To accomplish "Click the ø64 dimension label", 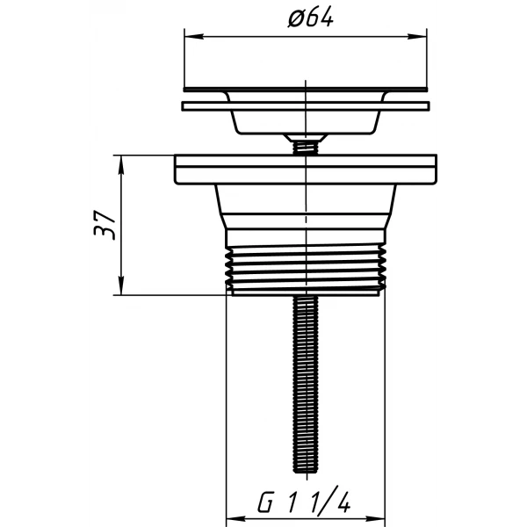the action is click(x=311, y=17).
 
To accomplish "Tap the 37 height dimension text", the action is click(x=105, y=225).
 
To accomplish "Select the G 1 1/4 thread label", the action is click(x=304, y=502).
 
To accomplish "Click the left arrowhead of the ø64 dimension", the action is click(x=194, y=36).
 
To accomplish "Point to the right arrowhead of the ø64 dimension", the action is click(x=417, y=36).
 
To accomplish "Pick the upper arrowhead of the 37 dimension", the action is click(x=121, y=165).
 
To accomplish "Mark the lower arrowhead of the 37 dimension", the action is click(x=121, y=285).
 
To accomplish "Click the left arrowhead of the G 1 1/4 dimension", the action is click(x=236, y=518).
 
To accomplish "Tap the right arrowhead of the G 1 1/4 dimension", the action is click(x=375, y=518).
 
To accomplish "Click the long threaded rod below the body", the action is click(x=306, y=384).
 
